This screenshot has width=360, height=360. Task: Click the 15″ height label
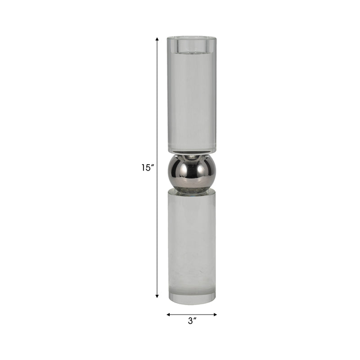(148, 168)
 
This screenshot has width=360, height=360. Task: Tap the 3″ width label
(192, 321)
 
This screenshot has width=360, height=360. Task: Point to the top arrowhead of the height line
(157, 40)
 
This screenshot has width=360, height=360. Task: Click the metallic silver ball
(192, 171)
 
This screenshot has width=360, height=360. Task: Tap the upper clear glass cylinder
(192, 99)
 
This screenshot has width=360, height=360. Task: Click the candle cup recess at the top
(192, 45)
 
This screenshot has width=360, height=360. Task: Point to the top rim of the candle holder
(192, 37)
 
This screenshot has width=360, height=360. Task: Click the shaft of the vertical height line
(157, 112)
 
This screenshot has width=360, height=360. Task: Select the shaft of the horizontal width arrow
(192, 315)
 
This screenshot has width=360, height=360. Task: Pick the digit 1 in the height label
(144, 168)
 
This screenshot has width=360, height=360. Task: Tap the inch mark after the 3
(196, 319)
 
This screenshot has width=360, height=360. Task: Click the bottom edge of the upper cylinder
(192, 152)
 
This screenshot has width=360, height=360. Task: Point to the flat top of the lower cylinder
(192, 191)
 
